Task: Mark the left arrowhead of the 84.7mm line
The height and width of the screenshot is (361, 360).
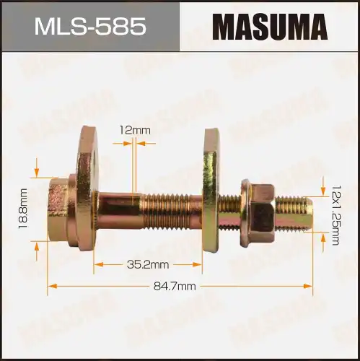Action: [51, 287]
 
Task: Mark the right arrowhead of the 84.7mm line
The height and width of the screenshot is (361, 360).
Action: [309, 287]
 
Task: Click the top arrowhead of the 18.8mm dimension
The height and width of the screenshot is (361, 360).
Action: [36, 172]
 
